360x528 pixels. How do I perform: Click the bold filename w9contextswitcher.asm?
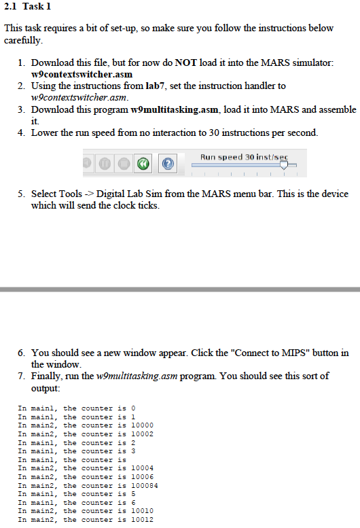tap(82, 73)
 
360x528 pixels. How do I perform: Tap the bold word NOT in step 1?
tap(185, 62)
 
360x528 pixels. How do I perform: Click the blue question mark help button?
tap(168, 164)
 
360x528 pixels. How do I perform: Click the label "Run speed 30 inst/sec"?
tap(243, 157)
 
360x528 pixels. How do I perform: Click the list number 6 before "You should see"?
tap(21, 353)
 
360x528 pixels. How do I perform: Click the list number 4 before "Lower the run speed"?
tap(21, 133)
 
